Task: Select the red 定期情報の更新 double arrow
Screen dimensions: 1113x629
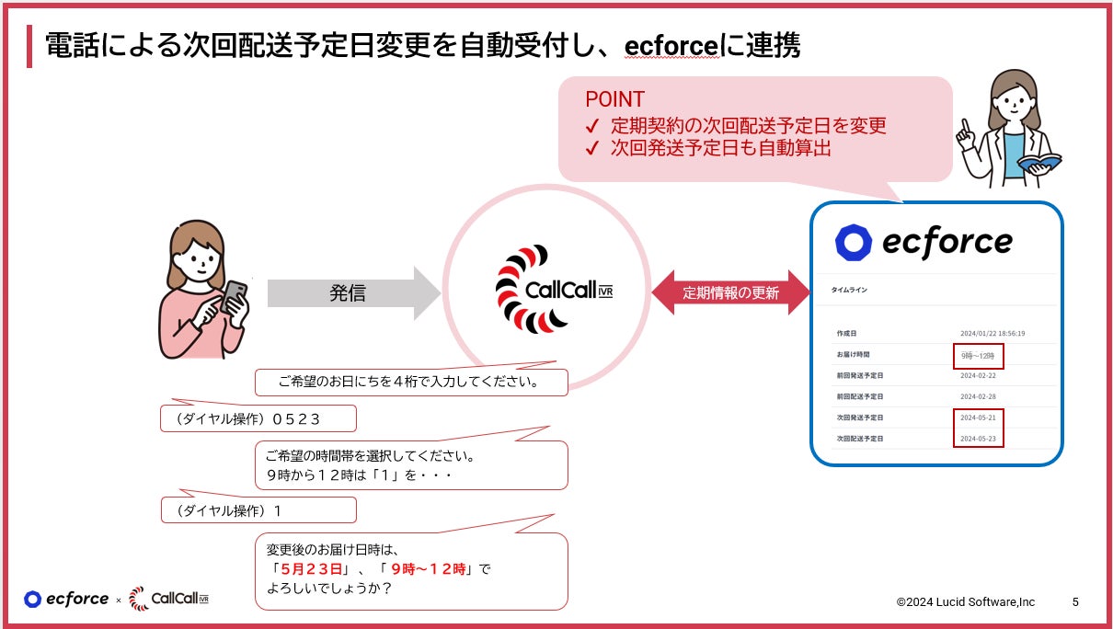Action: [730, 293]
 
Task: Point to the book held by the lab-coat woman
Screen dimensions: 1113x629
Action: [1038, 163]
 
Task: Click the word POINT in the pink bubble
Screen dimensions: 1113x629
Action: [614, 99]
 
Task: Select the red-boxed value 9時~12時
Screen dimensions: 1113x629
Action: [977, 355]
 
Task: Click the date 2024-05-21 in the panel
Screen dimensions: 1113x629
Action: [978, 417]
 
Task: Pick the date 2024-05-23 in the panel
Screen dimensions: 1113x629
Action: [978, 439]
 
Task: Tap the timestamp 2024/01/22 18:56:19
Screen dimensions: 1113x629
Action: [992, 333]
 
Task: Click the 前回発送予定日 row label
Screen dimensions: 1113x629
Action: [860, 376]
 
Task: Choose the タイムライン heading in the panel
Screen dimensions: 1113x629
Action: [849, 290]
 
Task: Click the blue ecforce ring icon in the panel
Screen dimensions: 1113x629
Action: [853, 242]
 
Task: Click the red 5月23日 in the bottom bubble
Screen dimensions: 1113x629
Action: [311, 568]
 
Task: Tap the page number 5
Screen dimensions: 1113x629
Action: [1075, 601]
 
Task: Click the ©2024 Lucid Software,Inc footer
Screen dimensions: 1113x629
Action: [965, 601]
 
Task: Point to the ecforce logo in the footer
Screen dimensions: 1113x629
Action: [66, 600]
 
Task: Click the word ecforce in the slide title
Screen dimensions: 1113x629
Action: [671, 46]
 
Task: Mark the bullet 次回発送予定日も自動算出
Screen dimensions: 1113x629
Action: [721, 147]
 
